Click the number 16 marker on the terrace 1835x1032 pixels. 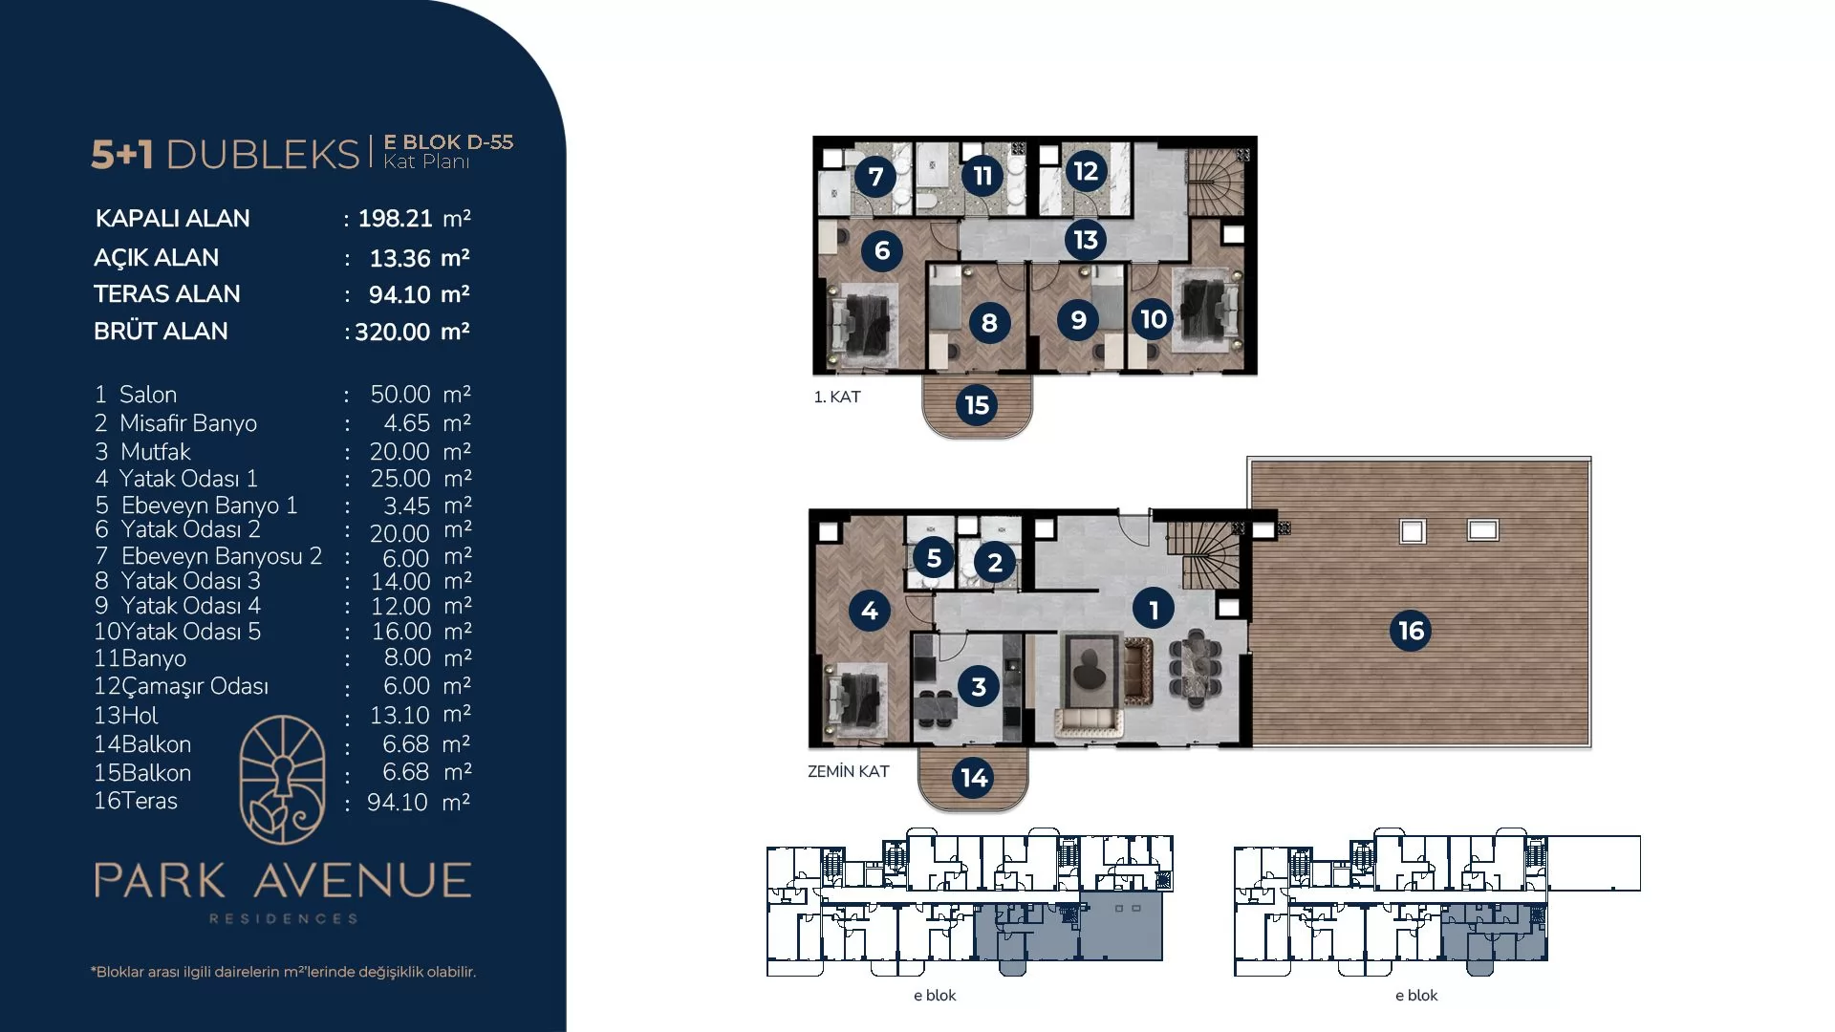pos(1411,631)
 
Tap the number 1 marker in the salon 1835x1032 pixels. pos(1154,609)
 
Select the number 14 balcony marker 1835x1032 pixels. pos(974,778)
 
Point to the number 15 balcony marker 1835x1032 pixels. pos(977,405)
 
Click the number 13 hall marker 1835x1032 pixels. pos(1086,239)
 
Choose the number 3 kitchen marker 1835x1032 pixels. pos(979,686)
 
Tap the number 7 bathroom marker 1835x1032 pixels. pos(875,176)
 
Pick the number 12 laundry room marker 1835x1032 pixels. pos(1086,171)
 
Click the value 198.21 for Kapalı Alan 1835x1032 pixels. pos(395,219)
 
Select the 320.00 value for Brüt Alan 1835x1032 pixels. pos(393,332)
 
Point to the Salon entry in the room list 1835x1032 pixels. pos(148,394)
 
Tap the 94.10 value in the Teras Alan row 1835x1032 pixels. pos(399,294)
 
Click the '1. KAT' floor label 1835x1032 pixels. pos(837,397)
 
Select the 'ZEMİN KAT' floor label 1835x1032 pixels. pos(849,771)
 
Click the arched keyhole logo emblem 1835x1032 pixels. pos(282,780)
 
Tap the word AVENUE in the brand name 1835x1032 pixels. pos(363,880)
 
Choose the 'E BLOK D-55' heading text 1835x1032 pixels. pos(448,142)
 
